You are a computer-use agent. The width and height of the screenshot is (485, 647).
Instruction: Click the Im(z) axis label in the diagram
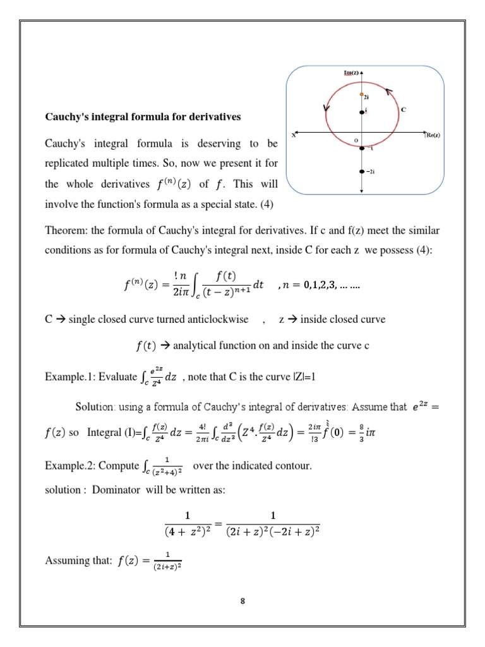pos(350,73)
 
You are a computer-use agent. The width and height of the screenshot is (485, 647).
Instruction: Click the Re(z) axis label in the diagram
pos(433,135)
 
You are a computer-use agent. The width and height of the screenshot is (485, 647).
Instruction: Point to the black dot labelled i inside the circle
pos(362,112)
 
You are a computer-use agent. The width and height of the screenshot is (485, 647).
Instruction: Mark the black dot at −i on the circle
pos(362,148)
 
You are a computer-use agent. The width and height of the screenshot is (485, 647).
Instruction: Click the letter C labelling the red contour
pos(404,109)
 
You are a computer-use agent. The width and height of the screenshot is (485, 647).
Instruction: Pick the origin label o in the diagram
pos(356,140)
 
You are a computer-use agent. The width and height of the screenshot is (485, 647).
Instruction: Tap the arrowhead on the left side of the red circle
pos(326,108)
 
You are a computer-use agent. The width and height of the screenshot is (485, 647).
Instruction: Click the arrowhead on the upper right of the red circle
pos(389,92)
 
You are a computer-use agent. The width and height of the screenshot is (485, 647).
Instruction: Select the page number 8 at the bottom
pos(242,600)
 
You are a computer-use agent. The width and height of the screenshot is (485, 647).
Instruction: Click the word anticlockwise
pos(220,319)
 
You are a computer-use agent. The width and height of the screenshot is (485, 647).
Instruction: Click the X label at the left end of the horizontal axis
pos(293,135)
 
